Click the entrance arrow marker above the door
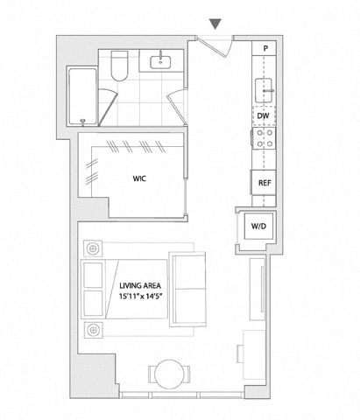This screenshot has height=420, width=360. tap(215, 24)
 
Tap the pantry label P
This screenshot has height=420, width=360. tap(265, 48)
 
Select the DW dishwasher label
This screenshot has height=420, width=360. tap(263, 115)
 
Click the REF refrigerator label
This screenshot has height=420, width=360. tap(265, 183)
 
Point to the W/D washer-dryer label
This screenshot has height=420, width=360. tap(258, 226)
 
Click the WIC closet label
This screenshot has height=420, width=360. tap(139, 178)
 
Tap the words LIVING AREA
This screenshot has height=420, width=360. tap(140, 285)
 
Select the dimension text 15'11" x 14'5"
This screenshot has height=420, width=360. tap(140, 297)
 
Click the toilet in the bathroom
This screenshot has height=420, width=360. tap(119, 66)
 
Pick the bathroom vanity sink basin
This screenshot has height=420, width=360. tap(160, 62)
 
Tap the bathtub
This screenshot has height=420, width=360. tap(82, 96)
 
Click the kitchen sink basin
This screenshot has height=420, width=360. tap(265, 90)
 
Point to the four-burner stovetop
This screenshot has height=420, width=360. tap(264, 138)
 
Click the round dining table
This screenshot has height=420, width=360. tap(169, 374)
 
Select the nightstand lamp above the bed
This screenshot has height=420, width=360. tap(93, 248)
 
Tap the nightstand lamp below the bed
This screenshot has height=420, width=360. tap(93, 330)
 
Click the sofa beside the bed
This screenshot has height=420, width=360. tap(188, 290)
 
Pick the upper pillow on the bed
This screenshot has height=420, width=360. tap(93, 276)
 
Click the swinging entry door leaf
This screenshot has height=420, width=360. tap(211, 46)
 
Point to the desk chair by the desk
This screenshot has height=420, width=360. tap(240, 353)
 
